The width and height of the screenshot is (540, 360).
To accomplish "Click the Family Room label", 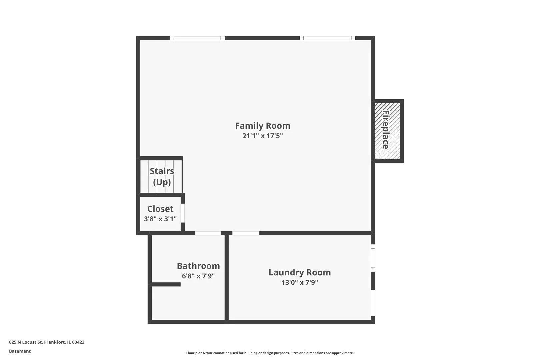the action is [263, 126].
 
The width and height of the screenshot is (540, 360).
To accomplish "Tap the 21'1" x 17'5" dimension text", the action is [263, 136].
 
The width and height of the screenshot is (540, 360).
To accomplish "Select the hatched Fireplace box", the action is [387, 131].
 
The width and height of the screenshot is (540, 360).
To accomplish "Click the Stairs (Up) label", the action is [162, 176].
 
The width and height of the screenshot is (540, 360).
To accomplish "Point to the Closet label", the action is [160, 209].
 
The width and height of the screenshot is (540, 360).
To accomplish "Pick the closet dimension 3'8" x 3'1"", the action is [160, 219].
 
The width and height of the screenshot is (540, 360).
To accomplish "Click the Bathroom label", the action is [198, 266].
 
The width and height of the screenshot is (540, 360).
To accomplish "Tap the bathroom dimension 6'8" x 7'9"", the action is [198, 276].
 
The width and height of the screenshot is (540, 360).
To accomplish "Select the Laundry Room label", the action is [300, 272].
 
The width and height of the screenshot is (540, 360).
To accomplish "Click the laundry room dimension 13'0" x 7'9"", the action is [300, 282].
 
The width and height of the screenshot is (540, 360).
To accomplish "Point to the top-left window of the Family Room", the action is [197, 38].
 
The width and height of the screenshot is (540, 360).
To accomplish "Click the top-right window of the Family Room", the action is [327, 38].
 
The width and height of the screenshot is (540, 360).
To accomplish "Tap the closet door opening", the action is [183, 213].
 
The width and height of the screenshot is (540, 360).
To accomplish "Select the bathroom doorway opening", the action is [208, 233].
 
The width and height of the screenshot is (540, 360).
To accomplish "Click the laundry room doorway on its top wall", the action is [246, 233].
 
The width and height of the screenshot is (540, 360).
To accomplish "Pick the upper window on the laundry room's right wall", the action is [373, 258].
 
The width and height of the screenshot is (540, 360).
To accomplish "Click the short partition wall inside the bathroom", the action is [166, 285].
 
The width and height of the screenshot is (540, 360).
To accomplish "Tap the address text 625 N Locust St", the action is [26, 342].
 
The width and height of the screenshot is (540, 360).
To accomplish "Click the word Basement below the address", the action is [20, 351].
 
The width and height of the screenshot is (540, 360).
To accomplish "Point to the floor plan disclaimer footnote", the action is [270, 353].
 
